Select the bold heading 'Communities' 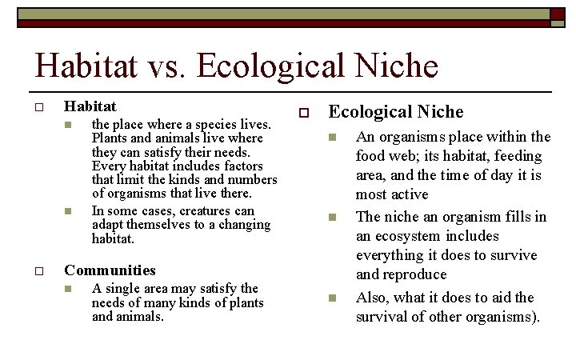pos(110,270)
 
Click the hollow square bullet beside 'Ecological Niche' pos(303,114)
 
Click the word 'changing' pos(240,225)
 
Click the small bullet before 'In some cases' pos(68,212)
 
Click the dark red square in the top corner pos(557,13)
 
